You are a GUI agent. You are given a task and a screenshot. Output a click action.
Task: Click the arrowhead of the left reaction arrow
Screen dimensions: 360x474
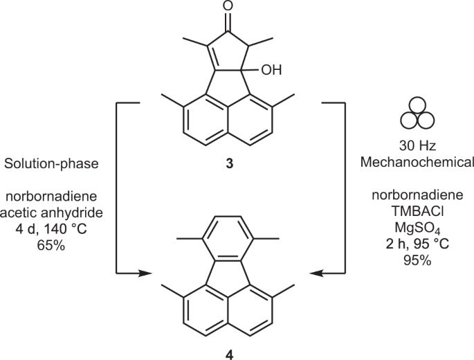click(x=145, y=274)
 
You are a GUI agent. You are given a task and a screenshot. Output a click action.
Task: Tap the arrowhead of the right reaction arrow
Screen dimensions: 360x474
click(x=315, y=274)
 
